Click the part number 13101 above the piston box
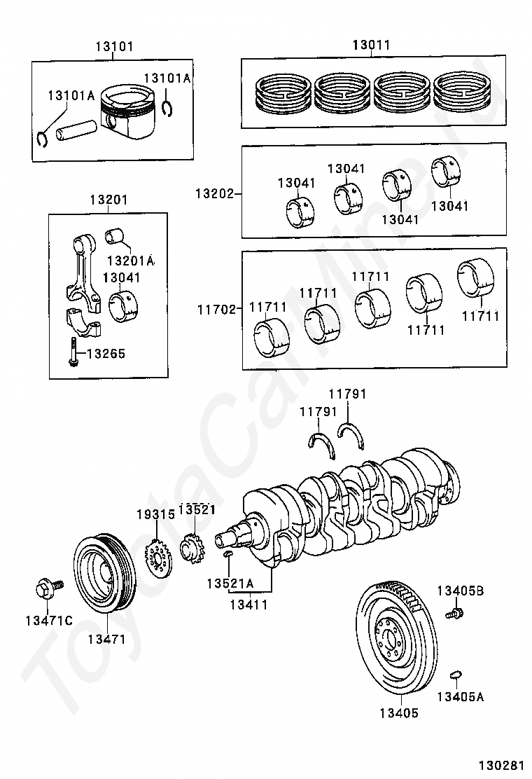[115, 47]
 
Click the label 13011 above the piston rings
[372, 46]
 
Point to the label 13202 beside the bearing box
[214, 193]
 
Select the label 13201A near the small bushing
[131, 261]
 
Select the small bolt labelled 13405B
[454, 612]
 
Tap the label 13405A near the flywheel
[460, 697]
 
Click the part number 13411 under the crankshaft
[249, 605]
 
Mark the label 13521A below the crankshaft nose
[230, 584]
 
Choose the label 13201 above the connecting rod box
[108, 200]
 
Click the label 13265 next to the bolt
[106, 354]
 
